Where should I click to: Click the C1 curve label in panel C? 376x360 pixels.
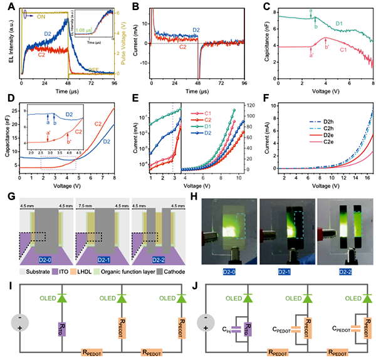click(343, 48)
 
